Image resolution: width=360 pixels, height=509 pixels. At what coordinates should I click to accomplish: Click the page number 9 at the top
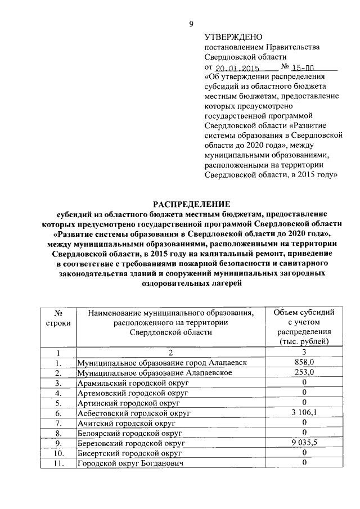tap(191, 24)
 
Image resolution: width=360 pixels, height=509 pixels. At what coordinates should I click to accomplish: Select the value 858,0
tap(303, 363)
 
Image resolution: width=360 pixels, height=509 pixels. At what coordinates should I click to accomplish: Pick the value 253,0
tap(303, 373)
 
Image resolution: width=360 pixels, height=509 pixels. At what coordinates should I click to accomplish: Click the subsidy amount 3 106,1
tap(303, 413)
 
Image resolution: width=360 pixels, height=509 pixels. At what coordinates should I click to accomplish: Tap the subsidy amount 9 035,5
tap(303, 443)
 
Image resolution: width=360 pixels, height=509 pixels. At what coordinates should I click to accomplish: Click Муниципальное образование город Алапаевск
tap(162, 363)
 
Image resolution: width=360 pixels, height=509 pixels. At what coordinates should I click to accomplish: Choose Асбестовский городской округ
tap(134, 413)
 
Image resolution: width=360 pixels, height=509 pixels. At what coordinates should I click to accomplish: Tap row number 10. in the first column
tap(57, 453)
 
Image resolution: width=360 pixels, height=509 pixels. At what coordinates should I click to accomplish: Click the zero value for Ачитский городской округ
tap(303, 423)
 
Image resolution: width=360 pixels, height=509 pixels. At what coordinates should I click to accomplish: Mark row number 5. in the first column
tap(57, 403)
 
